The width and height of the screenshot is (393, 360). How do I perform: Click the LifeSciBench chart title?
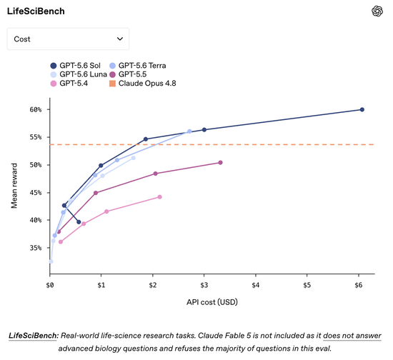36,11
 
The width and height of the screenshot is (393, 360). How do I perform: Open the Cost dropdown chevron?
120,39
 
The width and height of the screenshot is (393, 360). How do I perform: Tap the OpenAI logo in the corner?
377,11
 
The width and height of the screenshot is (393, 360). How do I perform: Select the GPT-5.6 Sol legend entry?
76,66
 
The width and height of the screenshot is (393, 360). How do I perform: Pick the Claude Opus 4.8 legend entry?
143,84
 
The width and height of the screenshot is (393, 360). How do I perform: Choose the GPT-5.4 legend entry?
69,84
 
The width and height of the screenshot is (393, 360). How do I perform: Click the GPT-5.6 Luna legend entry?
79,74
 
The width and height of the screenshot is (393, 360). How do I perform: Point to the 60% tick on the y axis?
36,110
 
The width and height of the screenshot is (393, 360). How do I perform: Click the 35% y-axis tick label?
36,248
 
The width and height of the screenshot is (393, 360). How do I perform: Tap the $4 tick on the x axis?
256,285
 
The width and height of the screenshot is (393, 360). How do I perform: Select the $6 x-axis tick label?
359,285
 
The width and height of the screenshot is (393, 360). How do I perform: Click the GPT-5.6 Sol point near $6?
362,110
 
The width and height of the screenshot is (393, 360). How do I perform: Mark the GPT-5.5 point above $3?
220,163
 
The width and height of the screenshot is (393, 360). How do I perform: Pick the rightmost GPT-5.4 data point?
159,197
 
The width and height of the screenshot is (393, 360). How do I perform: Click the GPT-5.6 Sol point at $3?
204,130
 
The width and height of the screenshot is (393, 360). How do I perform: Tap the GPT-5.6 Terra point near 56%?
189,131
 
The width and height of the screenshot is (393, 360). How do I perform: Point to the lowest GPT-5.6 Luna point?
51,261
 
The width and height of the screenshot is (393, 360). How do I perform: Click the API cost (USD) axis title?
212,302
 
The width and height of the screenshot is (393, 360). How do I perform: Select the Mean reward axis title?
14,186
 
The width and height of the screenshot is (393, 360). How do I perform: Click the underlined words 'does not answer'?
352,336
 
